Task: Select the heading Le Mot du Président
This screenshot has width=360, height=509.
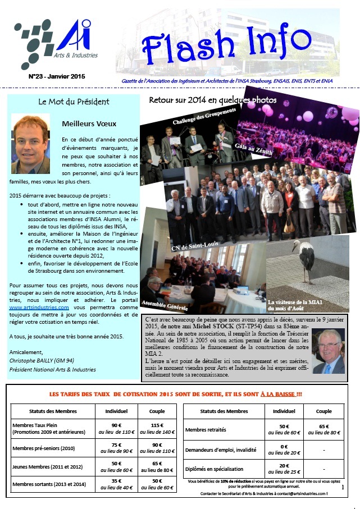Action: tap(74, 102)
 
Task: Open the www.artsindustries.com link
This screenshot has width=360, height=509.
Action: tap(39, 308)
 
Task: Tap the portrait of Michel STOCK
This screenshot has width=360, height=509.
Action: tap(328, 356)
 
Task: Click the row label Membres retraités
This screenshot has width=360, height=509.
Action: tap(209, 429)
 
